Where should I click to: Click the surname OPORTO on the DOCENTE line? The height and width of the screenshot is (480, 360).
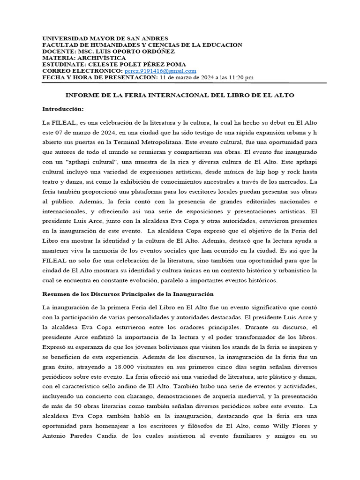[x=127, y=52]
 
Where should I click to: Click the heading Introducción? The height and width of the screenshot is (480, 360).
[x=63, y=109]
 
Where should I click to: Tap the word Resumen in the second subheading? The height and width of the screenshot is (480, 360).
[x=57, y=294]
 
